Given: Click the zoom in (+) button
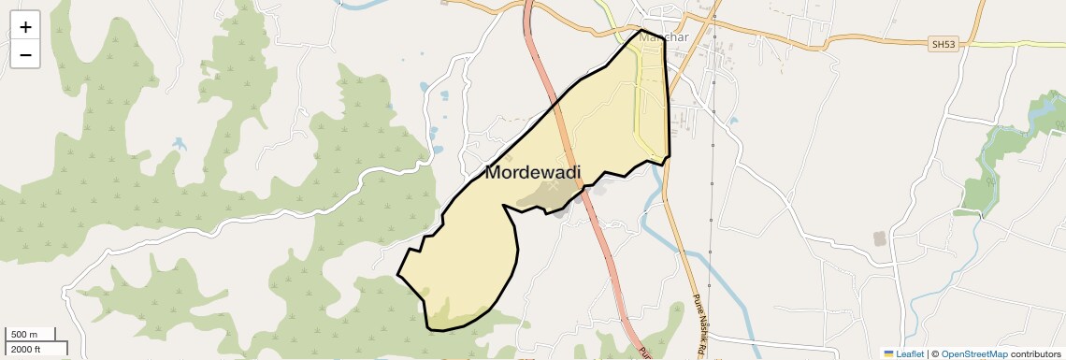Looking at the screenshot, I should point(25,26).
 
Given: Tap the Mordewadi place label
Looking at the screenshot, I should point(532,173).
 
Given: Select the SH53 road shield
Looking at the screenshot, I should point(944,44).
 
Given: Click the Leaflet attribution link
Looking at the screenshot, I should point(910,354).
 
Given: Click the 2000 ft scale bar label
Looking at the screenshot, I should point(25,350).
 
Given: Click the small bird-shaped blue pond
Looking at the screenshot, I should point(179,145).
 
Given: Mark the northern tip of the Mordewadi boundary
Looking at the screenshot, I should point(641,31).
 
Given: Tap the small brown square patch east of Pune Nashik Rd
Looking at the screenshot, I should point(880,238).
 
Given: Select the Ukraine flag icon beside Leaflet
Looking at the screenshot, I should point(888,354).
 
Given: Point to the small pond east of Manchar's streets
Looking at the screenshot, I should point(732,120).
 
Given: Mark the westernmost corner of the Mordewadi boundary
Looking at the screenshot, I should point(398,275).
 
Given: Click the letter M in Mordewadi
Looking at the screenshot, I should point(495,173).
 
